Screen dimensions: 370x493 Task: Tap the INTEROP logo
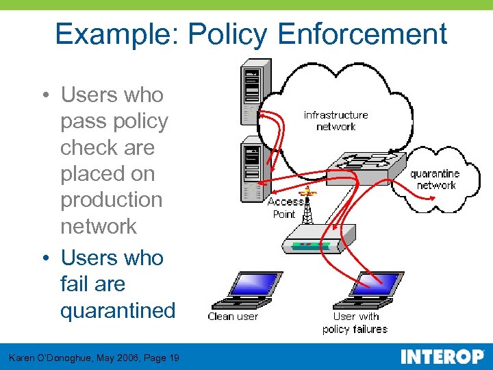pyautogui.click(x=442, y=357)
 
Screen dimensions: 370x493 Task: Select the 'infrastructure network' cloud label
pyautogui.click(x=336, y=121)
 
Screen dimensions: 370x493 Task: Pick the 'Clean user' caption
pyautogui.click(x=233, y=317)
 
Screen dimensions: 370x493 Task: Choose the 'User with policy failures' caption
pyautogui.click(x=355, y=323)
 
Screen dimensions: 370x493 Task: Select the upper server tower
pyautogui.click(x=255, y=92)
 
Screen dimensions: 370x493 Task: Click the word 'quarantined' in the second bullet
pyautogui.click(x=118, y=310)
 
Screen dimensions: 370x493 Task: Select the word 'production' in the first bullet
pyautogui.click(x=112, y=200)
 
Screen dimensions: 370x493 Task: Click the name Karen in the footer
pyautogui.click(x=23, y=358)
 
